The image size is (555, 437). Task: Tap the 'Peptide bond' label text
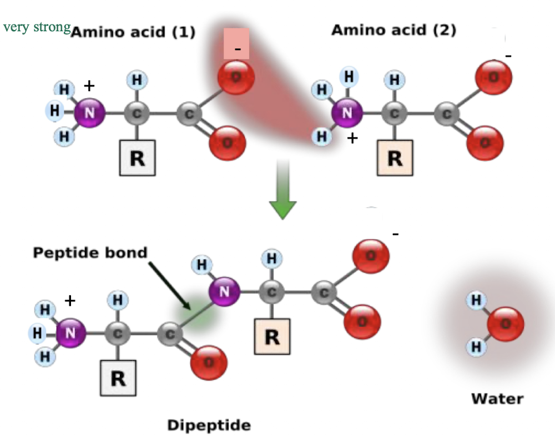click(x=90, y=252)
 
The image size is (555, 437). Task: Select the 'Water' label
click(x=497, y=399)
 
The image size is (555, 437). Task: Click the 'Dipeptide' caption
click(x=209, y=426)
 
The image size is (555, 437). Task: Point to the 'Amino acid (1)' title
click(x=133, y=32)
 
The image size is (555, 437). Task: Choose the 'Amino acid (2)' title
click(x=393, y=30)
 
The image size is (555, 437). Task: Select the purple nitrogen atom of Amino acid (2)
click(x=347, y=113)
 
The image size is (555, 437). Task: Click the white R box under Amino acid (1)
click(x=137, y=158)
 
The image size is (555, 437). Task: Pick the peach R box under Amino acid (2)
click(x=395, y=158)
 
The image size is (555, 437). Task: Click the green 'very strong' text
click(x=37, y=27)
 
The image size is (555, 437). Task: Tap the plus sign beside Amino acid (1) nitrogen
click(x=88, y=86)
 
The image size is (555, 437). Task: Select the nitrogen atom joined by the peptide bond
click(x=224, y=290)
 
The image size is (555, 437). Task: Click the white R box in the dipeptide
click(x=118, y=378)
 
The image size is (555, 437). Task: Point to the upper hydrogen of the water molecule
click(x=476, y=301)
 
